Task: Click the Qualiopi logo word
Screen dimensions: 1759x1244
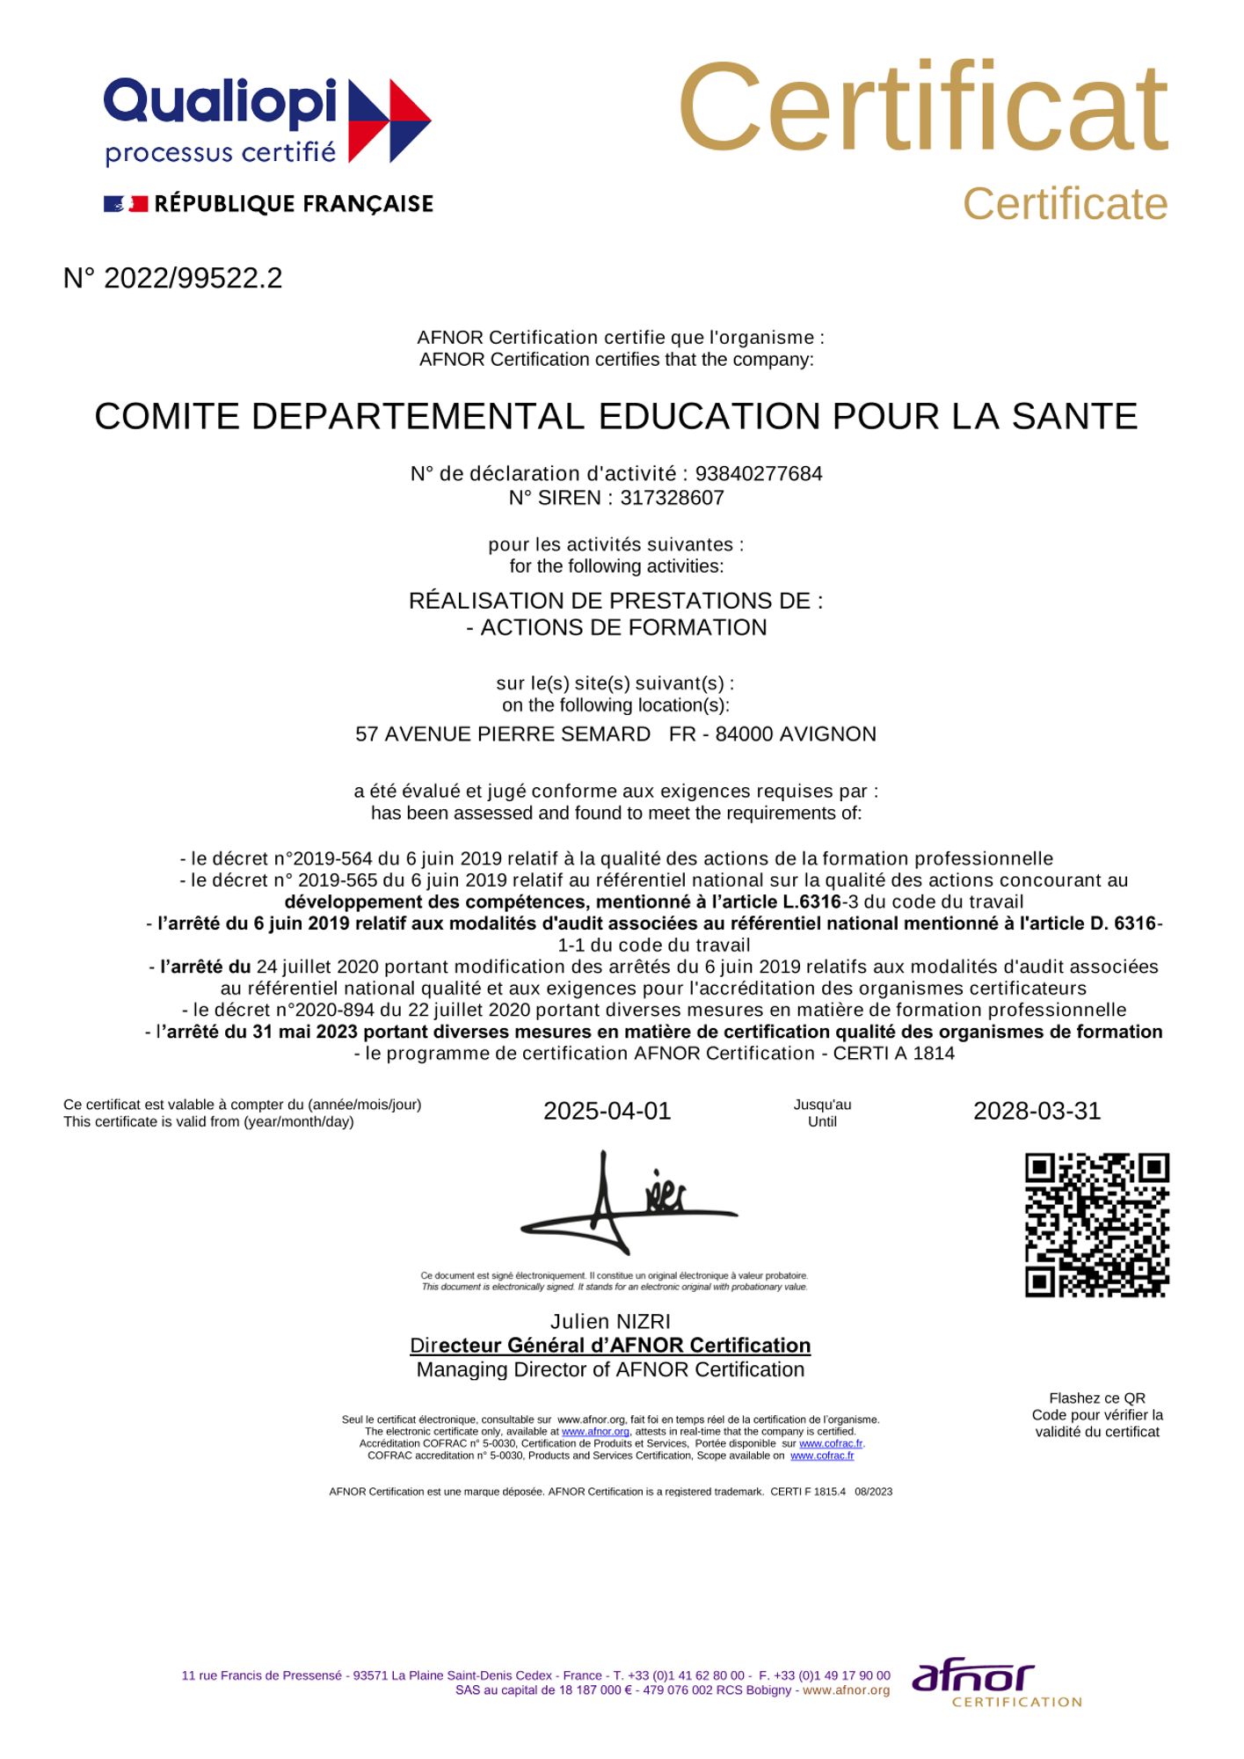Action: click(x=220, y=102)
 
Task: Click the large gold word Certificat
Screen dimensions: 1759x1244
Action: click(x=922, y=108)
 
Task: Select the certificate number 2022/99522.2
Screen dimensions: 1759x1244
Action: click(x=193, y=279)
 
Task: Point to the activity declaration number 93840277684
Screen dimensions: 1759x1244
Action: click(x=759, y=474)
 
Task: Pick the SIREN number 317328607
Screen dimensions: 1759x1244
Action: click(x=672, y=498)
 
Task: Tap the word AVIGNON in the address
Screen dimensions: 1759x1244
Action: click(x=827, y=734)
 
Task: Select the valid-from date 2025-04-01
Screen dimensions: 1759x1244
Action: click(x=607, y=1112)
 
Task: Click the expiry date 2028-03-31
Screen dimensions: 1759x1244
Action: click(x=1037, y=1112)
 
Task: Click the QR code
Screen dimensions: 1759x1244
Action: click(x=1096, y=1224)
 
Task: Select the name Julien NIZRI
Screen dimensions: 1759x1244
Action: click(x=610, y=1322)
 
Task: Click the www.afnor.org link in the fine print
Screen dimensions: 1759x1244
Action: click(x=595, y=1432)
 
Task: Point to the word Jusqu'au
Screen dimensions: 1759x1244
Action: click(x=822, y=1105)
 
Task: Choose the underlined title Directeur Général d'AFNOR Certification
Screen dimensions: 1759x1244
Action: click(x=610, y=1346)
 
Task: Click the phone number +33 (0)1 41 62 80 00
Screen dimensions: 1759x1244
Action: click(x=685, y=1675)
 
